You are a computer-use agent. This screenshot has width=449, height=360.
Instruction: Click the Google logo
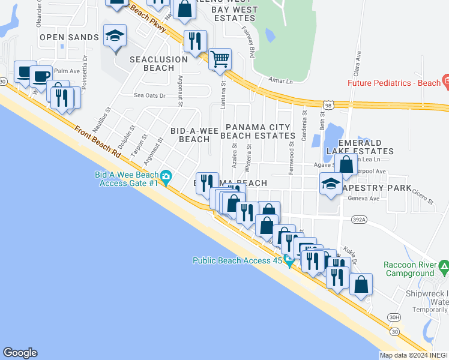click(20, 353)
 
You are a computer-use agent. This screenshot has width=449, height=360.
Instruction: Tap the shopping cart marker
click(220, 59)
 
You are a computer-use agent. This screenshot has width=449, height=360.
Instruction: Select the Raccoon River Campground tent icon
click(443, 265)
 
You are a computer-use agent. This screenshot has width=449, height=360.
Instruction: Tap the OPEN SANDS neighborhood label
click(69, 37)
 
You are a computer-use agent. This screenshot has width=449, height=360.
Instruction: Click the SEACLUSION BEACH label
click(158, 64)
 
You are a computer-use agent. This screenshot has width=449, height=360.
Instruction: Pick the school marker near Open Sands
click(115, 36)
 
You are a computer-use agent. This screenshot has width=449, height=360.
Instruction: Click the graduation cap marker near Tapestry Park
click(331, 184)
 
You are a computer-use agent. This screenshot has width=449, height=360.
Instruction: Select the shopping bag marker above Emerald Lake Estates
click(346, 164)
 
